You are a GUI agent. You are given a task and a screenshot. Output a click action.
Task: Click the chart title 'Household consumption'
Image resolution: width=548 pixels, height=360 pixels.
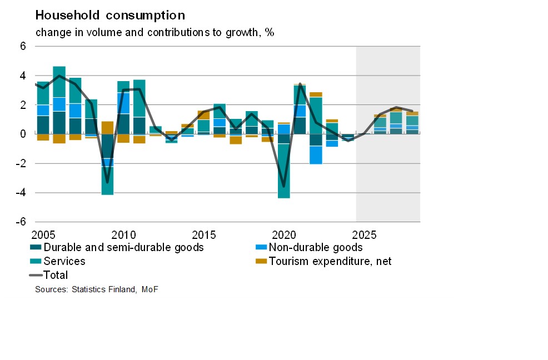point(110,15)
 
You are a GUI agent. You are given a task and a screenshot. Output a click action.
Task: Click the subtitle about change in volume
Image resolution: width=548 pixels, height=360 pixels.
point(155,32)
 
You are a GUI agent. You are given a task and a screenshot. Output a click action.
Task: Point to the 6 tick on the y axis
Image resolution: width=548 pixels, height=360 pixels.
point(23,46)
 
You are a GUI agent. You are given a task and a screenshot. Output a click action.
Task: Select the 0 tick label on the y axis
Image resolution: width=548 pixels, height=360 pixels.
point(23,134)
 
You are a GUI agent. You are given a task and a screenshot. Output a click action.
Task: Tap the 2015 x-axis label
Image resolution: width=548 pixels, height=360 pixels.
point(204,233)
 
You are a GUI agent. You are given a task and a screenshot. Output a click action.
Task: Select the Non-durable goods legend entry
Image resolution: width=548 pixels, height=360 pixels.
point(315,247)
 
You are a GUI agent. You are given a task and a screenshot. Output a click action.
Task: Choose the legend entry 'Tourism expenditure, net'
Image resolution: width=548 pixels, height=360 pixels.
point(330,261)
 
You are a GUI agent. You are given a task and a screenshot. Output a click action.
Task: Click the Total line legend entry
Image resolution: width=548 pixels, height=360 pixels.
point(55,275)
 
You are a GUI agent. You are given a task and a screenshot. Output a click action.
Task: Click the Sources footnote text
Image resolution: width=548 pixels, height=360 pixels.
point(97,289)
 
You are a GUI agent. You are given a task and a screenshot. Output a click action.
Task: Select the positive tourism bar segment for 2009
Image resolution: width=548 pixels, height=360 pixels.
point(107,127)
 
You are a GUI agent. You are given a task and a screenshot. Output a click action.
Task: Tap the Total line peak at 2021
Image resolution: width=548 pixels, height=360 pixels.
point(300,84)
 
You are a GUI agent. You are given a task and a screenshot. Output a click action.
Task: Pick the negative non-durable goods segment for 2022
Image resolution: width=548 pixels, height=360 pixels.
point(316,155)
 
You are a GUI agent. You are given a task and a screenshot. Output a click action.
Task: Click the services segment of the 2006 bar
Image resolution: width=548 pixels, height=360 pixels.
point(59,82)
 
